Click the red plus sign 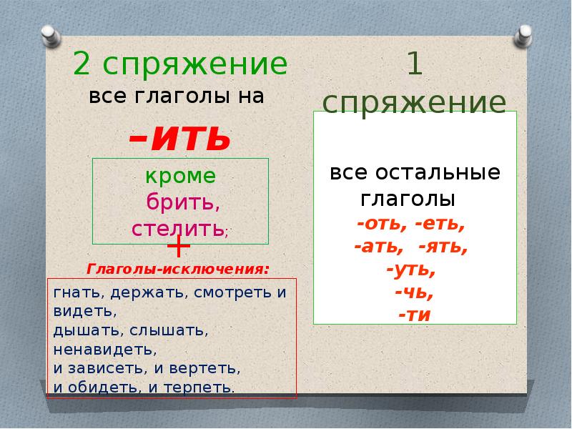(x=178, y=247)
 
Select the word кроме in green (x=181, y=177)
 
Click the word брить (x=182, y=202)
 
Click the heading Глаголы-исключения (x=178, y=270)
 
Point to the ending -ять (x=443, y=248)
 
